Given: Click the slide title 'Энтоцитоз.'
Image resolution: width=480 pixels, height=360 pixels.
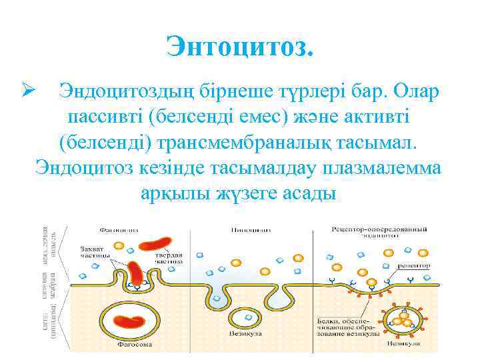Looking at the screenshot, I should pos(239,48).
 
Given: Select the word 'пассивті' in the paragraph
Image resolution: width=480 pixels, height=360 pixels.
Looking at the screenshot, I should pos(105,117).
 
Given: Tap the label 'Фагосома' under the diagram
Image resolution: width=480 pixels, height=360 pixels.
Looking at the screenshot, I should pos(133,346).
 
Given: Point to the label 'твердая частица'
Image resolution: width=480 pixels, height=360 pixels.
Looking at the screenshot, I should pos(170,259).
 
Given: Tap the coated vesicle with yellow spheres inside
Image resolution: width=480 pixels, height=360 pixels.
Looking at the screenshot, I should pos(403,319).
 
